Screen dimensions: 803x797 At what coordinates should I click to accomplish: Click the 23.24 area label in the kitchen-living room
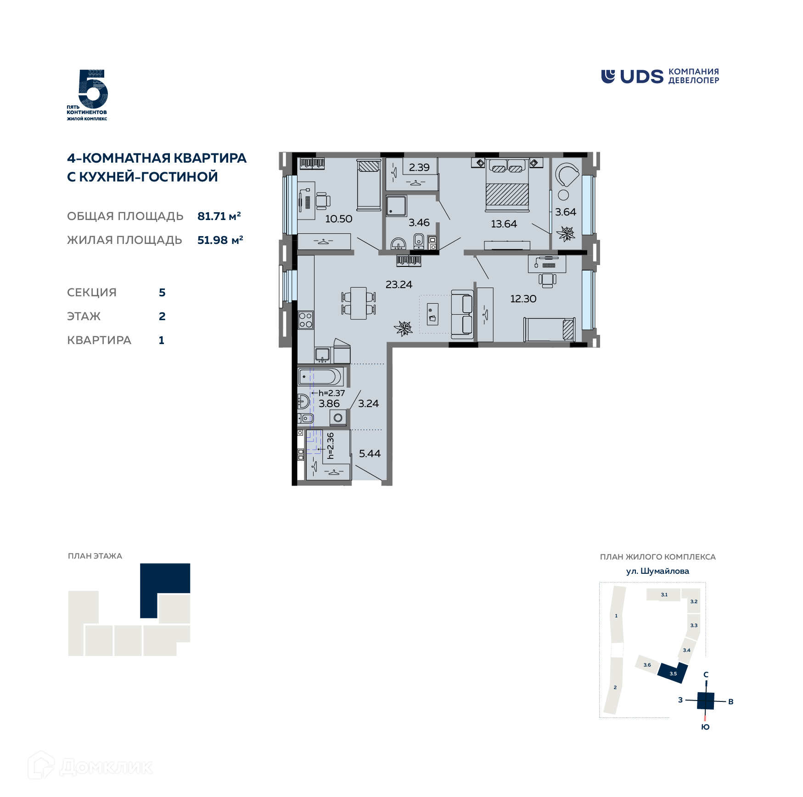click(399, 284)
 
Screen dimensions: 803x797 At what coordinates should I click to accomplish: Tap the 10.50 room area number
click(338, 219)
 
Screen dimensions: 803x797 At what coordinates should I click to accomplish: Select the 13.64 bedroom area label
click(504, 224)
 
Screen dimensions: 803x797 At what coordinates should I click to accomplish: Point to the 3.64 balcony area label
click(565, 212)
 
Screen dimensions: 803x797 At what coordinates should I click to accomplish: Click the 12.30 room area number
click(523, 299)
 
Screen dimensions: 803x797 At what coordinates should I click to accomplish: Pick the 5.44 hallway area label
click(370, 453)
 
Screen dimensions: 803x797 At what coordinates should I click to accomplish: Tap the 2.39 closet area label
click(419, 167)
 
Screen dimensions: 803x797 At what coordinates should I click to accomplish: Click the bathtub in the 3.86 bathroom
click(320, 377)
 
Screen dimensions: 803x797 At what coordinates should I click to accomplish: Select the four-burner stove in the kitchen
click(306, 320)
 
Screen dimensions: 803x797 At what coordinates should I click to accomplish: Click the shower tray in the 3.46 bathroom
click(396, 206)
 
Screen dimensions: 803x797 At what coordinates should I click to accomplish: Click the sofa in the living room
click(462, 315)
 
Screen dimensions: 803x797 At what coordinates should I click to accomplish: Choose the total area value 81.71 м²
click(219, 216)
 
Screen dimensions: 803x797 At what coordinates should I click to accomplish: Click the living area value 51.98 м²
click(220, 240)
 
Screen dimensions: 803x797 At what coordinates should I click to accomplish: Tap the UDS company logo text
click(641, 77)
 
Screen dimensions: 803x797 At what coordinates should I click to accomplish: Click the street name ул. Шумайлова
click(657, 571)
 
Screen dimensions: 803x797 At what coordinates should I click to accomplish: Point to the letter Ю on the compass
click(705, 727)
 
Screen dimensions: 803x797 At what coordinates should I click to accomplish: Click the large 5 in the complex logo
click(93, 89)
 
